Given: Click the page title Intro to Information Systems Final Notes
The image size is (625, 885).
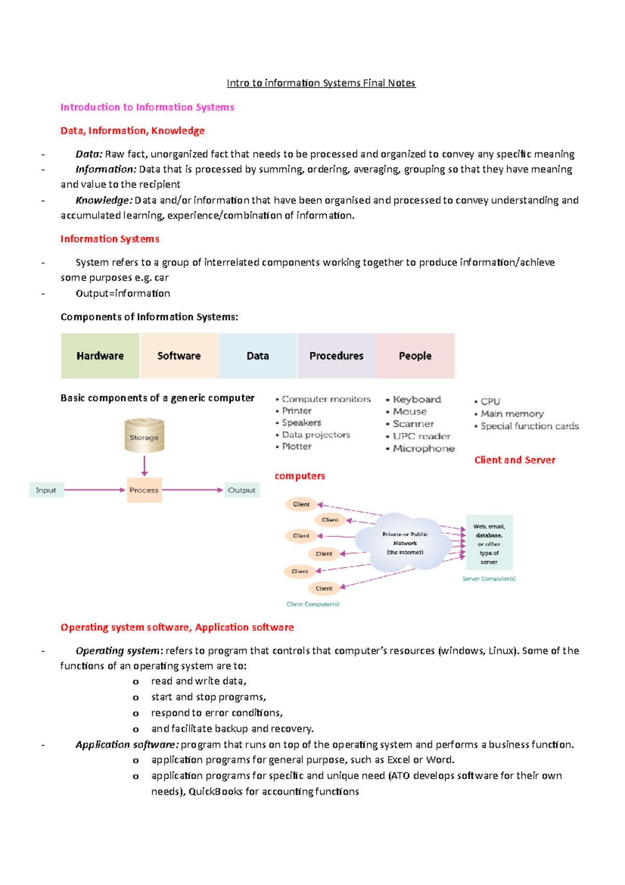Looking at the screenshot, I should [321, 83].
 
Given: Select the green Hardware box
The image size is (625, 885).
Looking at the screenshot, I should [100, 356].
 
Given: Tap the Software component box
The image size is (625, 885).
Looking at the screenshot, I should [179, 356].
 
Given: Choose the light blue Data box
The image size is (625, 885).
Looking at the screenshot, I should [258, 356].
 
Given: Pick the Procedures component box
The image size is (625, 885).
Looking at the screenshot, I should [336, 356].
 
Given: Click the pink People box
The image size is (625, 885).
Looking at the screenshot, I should [415, 356].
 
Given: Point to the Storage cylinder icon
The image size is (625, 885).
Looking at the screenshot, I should [144, 436].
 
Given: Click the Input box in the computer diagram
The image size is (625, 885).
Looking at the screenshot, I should [46, 490].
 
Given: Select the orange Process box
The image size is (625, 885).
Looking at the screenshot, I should [144, 490].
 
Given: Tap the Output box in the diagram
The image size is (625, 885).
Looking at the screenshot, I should [242, 490].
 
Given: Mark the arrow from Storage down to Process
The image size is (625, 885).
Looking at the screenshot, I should [144, 465].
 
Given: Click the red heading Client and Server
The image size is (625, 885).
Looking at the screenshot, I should [515, 460].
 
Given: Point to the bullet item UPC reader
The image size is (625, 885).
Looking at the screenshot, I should [421, 436].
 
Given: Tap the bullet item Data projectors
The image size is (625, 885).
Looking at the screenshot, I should [316, 435].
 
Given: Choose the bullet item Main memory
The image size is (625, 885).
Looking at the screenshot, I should [512, 414].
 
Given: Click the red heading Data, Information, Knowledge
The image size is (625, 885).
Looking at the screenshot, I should [132, 130].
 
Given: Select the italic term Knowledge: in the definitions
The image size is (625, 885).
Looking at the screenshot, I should [104, 200].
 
